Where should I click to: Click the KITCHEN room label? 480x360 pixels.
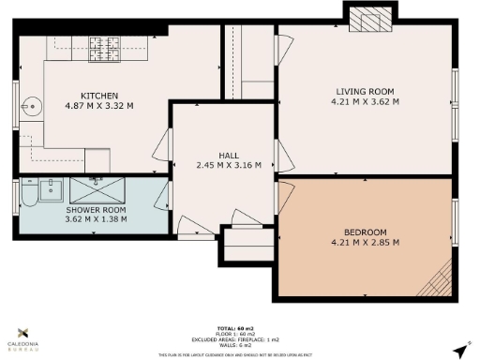pyautogui.click(x=98, y=95)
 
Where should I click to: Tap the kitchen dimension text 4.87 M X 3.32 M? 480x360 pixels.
pyautogui.click(x=98, y=106)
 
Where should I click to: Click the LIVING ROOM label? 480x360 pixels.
pyautogui.click(x=367, y=91)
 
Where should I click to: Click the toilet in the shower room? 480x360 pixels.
pyautogui.click(x=28, y=195)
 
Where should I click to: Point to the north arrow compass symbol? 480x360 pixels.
pyautogui.click(x=458, y=349)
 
